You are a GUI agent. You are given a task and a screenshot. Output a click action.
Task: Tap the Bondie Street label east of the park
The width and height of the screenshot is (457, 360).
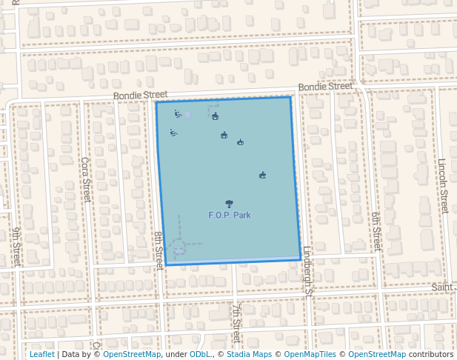[x=325, y=87]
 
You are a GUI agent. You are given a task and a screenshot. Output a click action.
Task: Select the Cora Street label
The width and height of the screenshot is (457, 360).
[x=86, y=179]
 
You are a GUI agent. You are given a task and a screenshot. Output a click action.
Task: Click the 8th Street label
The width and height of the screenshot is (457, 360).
[x=159, y=249]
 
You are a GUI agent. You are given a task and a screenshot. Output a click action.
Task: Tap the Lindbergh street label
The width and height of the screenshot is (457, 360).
[x=309, y=270]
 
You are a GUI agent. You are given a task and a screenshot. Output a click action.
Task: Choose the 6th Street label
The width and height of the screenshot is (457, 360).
[x=376, y=230]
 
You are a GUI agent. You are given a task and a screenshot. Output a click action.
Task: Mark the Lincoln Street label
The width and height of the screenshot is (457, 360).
[x=443, y=185]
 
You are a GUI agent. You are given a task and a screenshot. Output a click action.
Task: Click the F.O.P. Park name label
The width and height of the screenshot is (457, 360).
[x=230, y=215]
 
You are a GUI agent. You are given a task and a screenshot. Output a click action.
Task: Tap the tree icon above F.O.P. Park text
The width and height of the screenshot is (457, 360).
[x=230, y=204]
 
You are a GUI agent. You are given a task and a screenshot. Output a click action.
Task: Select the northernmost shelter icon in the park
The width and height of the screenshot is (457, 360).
[x=216, y=116]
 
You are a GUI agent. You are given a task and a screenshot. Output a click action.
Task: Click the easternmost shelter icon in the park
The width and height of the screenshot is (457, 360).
[x=262, y=176]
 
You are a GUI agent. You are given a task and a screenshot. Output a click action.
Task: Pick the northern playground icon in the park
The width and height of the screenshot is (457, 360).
[x=178, y=114]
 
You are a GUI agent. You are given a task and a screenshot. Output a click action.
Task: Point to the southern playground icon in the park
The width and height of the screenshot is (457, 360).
[x=173, y=133]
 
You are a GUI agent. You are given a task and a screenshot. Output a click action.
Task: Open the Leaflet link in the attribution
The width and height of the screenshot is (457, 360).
[x=41, y=354]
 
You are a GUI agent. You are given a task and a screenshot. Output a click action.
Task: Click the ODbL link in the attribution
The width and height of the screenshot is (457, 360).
[x=200, y=354]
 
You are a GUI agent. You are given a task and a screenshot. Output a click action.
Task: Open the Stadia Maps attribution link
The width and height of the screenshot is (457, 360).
[x=249, y=354]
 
